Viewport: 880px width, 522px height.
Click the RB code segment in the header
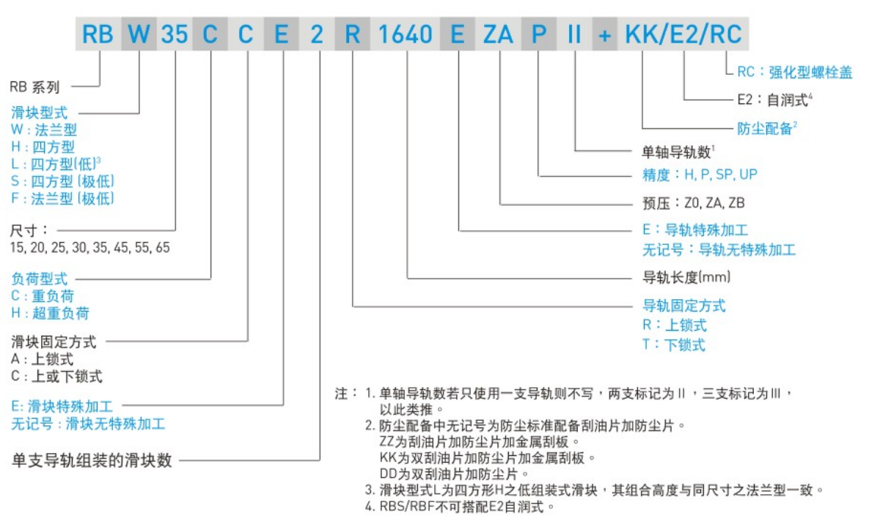point(98,34)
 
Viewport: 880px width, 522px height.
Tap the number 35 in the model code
point(175,34)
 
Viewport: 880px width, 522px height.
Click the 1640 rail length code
point(406,34)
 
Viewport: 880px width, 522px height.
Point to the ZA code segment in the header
point(498,34)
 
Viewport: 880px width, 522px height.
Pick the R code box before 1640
point(353,34)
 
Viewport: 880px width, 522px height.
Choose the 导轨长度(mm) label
point(686,278)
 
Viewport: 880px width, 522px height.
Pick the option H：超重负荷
point(51,314)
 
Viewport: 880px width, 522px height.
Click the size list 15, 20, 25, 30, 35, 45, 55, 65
point(90,248)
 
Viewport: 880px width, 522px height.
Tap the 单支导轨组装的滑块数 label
point(92,461)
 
